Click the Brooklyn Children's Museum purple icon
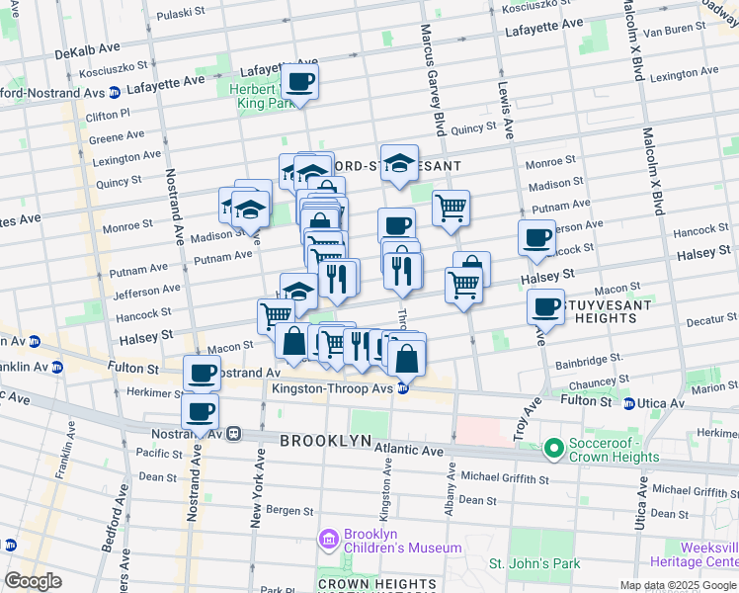(329, 540)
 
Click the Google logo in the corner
(33, 581)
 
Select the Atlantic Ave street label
(410, 450)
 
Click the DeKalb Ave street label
(87, 49)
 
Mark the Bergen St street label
(289, 511)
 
